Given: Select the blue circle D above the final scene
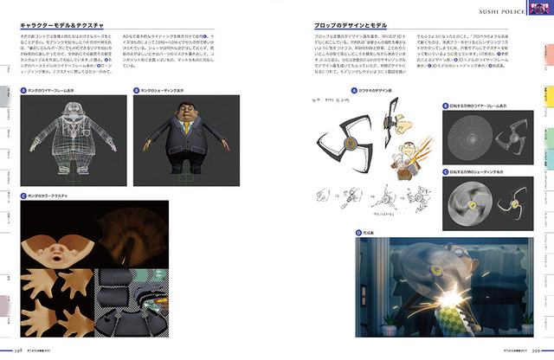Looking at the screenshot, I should click(x=358, y=233).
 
